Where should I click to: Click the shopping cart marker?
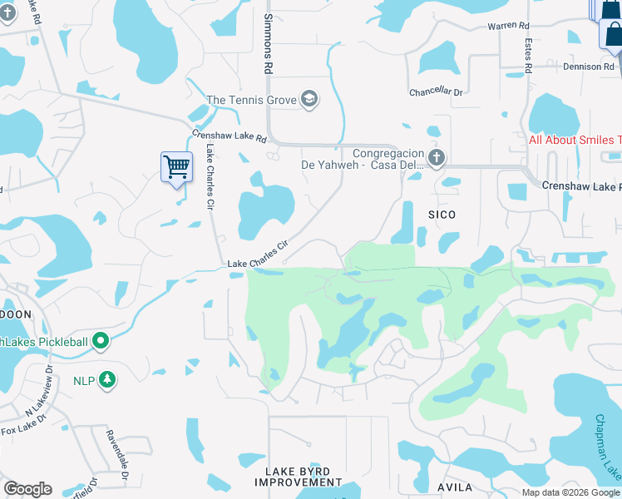(176, 166)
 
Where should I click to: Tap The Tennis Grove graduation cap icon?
(310, 101)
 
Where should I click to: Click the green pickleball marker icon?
(101, 340)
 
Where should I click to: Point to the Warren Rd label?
(508, 27)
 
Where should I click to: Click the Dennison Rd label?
(588, 67)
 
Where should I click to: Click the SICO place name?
(442, 215)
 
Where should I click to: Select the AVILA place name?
(455, 487)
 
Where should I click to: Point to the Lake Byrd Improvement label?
(298, 477)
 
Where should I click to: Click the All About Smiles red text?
(575, 140)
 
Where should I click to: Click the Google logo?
(27, 489)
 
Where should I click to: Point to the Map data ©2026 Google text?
(571, 492)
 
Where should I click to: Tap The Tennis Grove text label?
(252, 101)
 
